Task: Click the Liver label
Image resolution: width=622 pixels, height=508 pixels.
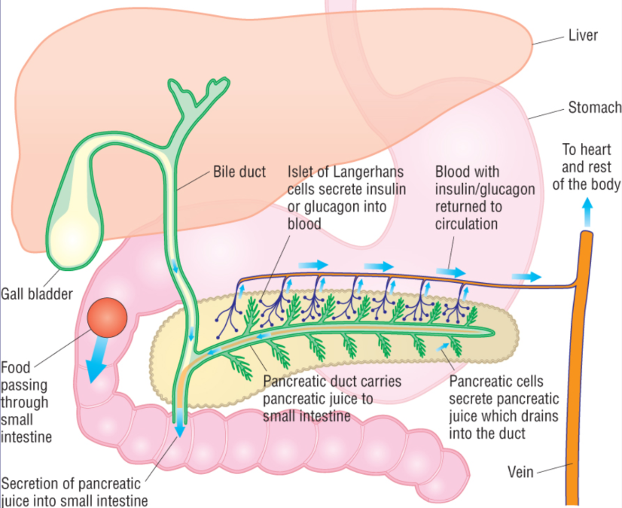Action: coord(583,35)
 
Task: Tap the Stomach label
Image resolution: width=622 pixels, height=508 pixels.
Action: coord(594,108)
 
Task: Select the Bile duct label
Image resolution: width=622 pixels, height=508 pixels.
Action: coord(239,172)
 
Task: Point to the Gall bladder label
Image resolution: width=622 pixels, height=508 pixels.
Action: coord(37,294)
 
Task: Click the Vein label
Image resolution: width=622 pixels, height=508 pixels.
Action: coord(520,473)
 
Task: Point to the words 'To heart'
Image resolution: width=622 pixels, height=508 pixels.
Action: coord(585,150)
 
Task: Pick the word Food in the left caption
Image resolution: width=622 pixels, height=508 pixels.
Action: coord(16,368)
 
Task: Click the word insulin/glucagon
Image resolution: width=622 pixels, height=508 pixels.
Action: coord(486,190)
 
